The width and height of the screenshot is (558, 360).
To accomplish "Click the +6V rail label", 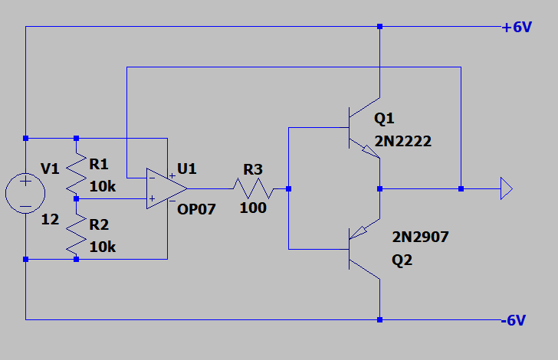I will (516, 27).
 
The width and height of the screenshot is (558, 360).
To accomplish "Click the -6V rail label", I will (514, 320).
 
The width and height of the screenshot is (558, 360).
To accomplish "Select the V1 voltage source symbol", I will (25, 192).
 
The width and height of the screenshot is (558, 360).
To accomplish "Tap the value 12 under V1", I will (49, 220).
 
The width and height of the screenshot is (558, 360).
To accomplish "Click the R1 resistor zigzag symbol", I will (76, 172).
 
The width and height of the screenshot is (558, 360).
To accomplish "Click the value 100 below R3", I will (253, 208).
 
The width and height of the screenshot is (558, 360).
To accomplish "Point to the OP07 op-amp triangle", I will (166, 188).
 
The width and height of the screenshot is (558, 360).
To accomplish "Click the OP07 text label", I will (195, 208).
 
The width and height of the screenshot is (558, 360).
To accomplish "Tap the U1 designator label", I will (187, 169).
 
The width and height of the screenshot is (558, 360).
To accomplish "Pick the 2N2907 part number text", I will (420, 237).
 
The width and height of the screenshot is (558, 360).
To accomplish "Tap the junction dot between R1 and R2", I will (76, 198).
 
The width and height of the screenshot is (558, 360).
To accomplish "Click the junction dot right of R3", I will (288, 188).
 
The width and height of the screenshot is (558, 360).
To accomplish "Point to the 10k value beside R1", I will (103, 186).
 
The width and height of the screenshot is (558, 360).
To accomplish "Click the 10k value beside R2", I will (103, 247).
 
